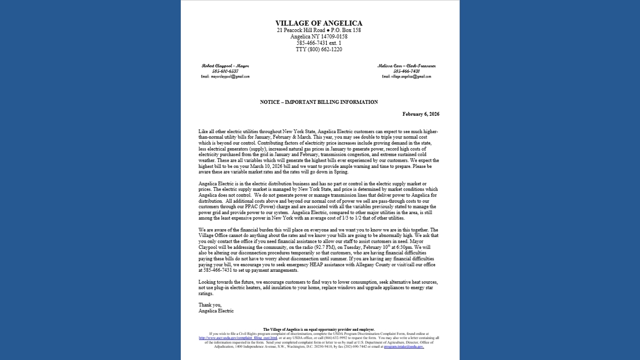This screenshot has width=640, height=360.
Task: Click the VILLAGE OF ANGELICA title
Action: (319, 23)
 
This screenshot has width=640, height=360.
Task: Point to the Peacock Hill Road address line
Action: (319, 30)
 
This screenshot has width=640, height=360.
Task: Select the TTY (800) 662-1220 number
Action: (319, 49)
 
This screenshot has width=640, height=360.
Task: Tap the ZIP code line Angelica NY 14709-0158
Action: (319, 37)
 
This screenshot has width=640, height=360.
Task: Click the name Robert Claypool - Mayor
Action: (225, 66)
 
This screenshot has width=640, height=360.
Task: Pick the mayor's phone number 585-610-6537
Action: (225, 71)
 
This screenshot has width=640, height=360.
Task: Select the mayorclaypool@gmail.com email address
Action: (225, 76)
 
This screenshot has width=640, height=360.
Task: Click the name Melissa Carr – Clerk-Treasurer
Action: (406, 66)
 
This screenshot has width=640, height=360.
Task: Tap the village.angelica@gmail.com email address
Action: (406, 76)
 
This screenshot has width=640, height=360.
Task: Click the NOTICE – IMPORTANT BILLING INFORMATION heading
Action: (319, 102)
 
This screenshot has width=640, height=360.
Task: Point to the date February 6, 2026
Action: (420, 114)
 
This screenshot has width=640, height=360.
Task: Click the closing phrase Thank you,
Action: (210, 305)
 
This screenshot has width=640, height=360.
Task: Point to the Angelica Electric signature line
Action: (216, 311)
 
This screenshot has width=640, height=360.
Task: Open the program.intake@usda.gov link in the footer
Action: (404, 347)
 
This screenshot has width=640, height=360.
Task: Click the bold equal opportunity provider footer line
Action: (319, 330)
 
